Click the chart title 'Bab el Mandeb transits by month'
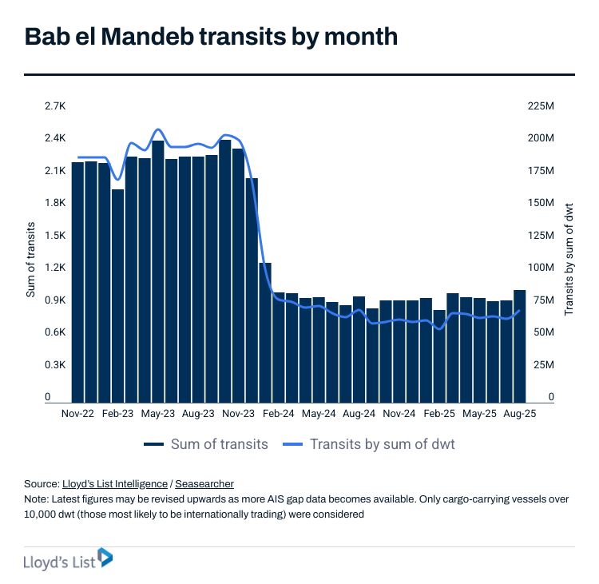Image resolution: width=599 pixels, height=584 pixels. pyautogui.click(x=211, y=38)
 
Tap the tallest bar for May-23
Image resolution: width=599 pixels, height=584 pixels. pyautogui.click(x=158, y=272)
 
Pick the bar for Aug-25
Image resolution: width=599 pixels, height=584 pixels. pyautogui.click(x=519, y=345)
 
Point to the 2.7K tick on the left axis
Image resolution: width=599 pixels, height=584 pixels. pyautogui.click(x=54, y=105)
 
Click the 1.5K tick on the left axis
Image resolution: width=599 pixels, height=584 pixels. pyautogui.click(x=54, y=236)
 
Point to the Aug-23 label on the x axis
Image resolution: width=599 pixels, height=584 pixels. pyautogui.click(x=198, y=415)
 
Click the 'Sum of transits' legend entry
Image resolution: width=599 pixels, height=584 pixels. pyautogui.click(x=206, y=444)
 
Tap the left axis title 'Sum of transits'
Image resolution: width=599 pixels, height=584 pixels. pyautogui.click(x=31, y=257)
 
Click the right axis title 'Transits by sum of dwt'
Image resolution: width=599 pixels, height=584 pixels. pyautogui.click(x=569, y=257)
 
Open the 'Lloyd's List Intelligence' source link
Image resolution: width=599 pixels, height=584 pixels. pyautogui.click(x=114, y=484)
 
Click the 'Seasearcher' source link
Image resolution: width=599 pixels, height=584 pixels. pyautogui.click(x=204, y=484)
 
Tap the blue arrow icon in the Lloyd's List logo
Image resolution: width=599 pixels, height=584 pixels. pyautogui.click(x=105, y=558)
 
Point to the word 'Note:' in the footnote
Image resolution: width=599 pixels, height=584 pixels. pyautogui.click(x=37, y=499)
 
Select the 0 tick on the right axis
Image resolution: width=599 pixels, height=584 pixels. pyautogui.click(x=550, y=397)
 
